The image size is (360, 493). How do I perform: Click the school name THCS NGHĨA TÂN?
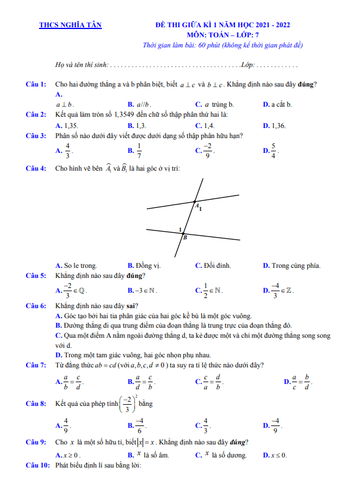(x=70, y=25)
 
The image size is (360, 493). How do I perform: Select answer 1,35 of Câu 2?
(x=67, y=125)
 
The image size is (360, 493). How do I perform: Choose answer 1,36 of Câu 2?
(x=275, y=125)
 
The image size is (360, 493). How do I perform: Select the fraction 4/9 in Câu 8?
(x=66, y=425)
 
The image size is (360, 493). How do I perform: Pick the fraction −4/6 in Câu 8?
(x=140, y=425)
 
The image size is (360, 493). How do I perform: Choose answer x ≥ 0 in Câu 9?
(x=67, y=455)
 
